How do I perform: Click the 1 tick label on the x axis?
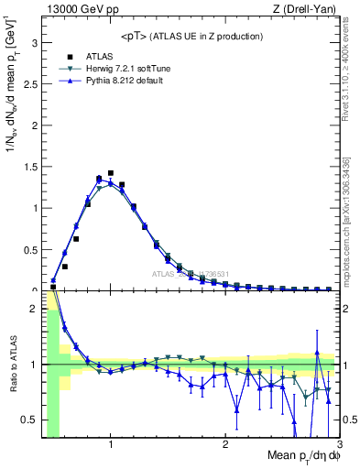click(x=111, y=444)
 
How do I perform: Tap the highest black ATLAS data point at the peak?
click(x=111, y=173)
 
